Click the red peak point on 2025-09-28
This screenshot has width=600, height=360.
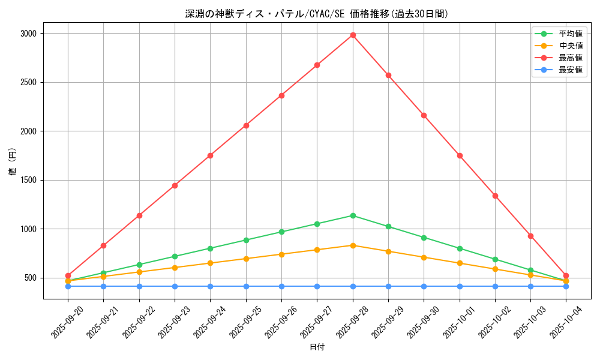tap(353, 35)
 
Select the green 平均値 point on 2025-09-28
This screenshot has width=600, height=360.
tap(353, 215)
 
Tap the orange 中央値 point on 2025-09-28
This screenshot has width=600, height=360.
tap(353, 245)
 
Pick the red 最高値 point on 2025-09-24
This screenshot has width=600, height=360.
tap(210, 155)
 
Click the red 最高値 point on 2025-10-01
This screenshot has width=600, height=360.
tap(460, 155)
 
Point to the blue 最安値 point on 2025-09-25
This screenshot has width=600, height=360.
tap(246, 286)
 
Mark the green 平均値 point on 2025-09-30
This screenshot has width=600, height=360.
tap(424, 238)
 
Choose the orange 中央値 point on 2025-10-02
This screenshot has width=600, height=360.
tap(495, 269)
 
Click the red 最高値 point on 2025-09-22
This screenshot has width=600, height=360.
tap(139, 215)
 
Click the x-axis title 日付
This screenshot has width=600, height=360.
tap(317, 347)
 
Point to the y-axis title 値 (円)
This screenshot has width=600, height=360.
tap(13, 163)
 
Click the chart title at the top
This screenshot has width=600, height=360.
tap(317, 14)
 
